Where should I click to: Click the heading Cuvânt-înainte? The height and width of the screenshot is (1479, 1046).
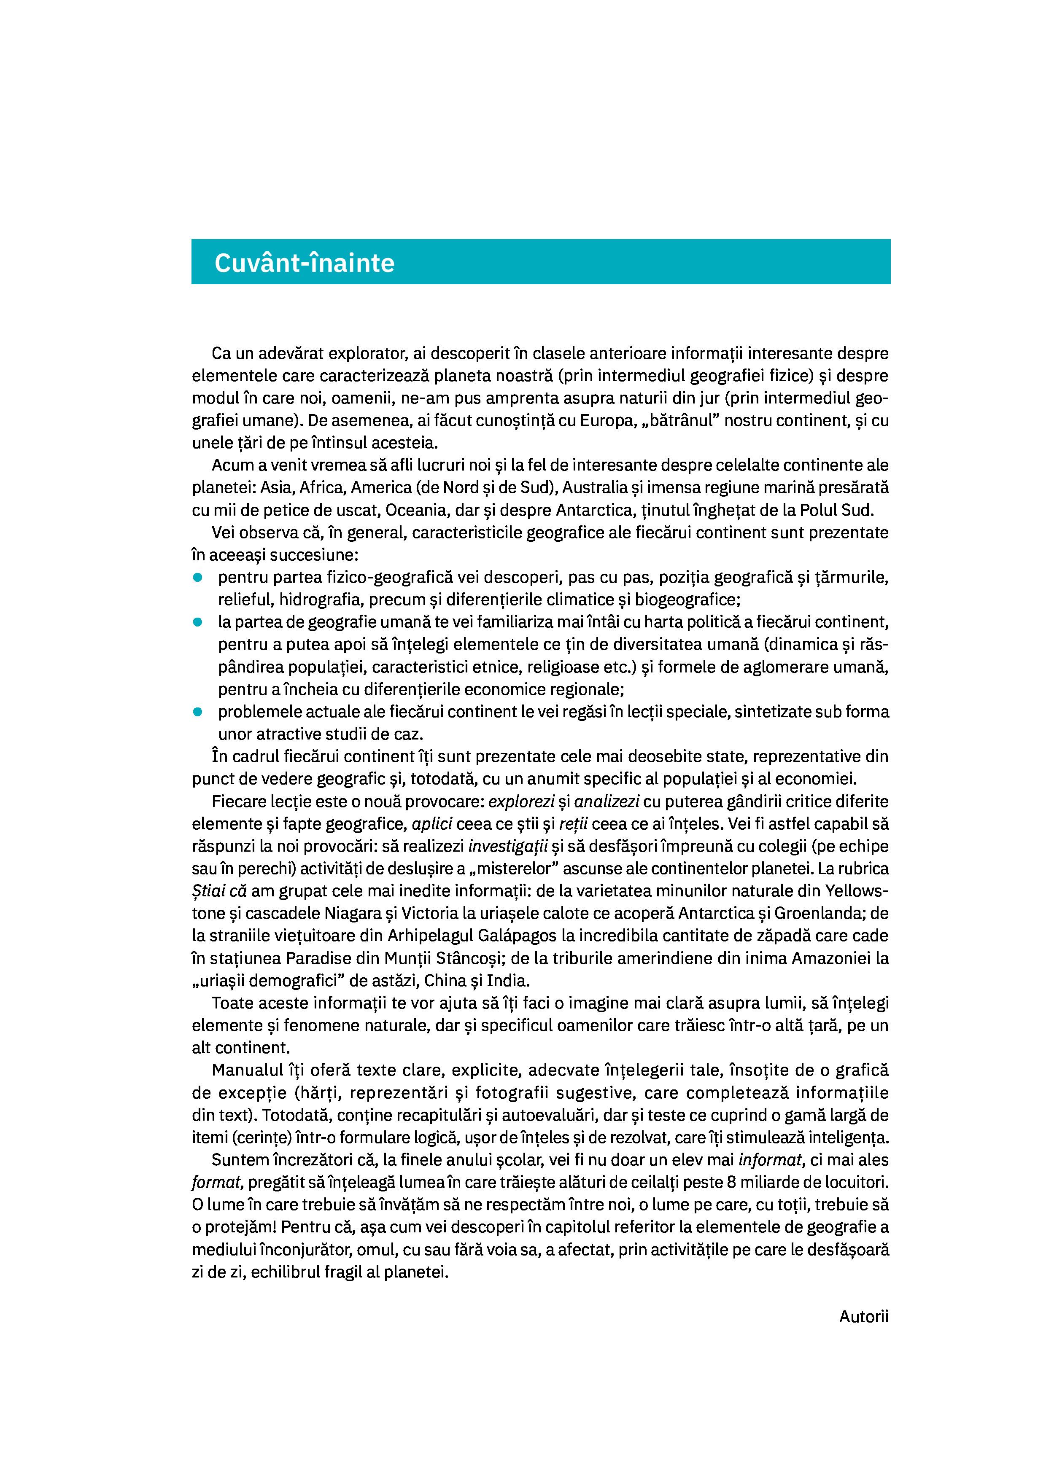[304, 263]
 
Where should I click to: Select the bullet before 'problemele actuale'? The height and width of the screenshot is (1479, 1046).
[198, 711]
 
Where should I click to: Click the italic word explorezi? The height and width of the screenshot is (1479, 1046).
[521, 801]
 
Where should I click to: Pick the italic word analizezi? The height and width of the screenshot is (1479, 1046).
[607, 801]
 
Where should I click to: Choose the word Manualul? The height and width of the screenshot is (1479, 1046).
[248, 1070]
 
